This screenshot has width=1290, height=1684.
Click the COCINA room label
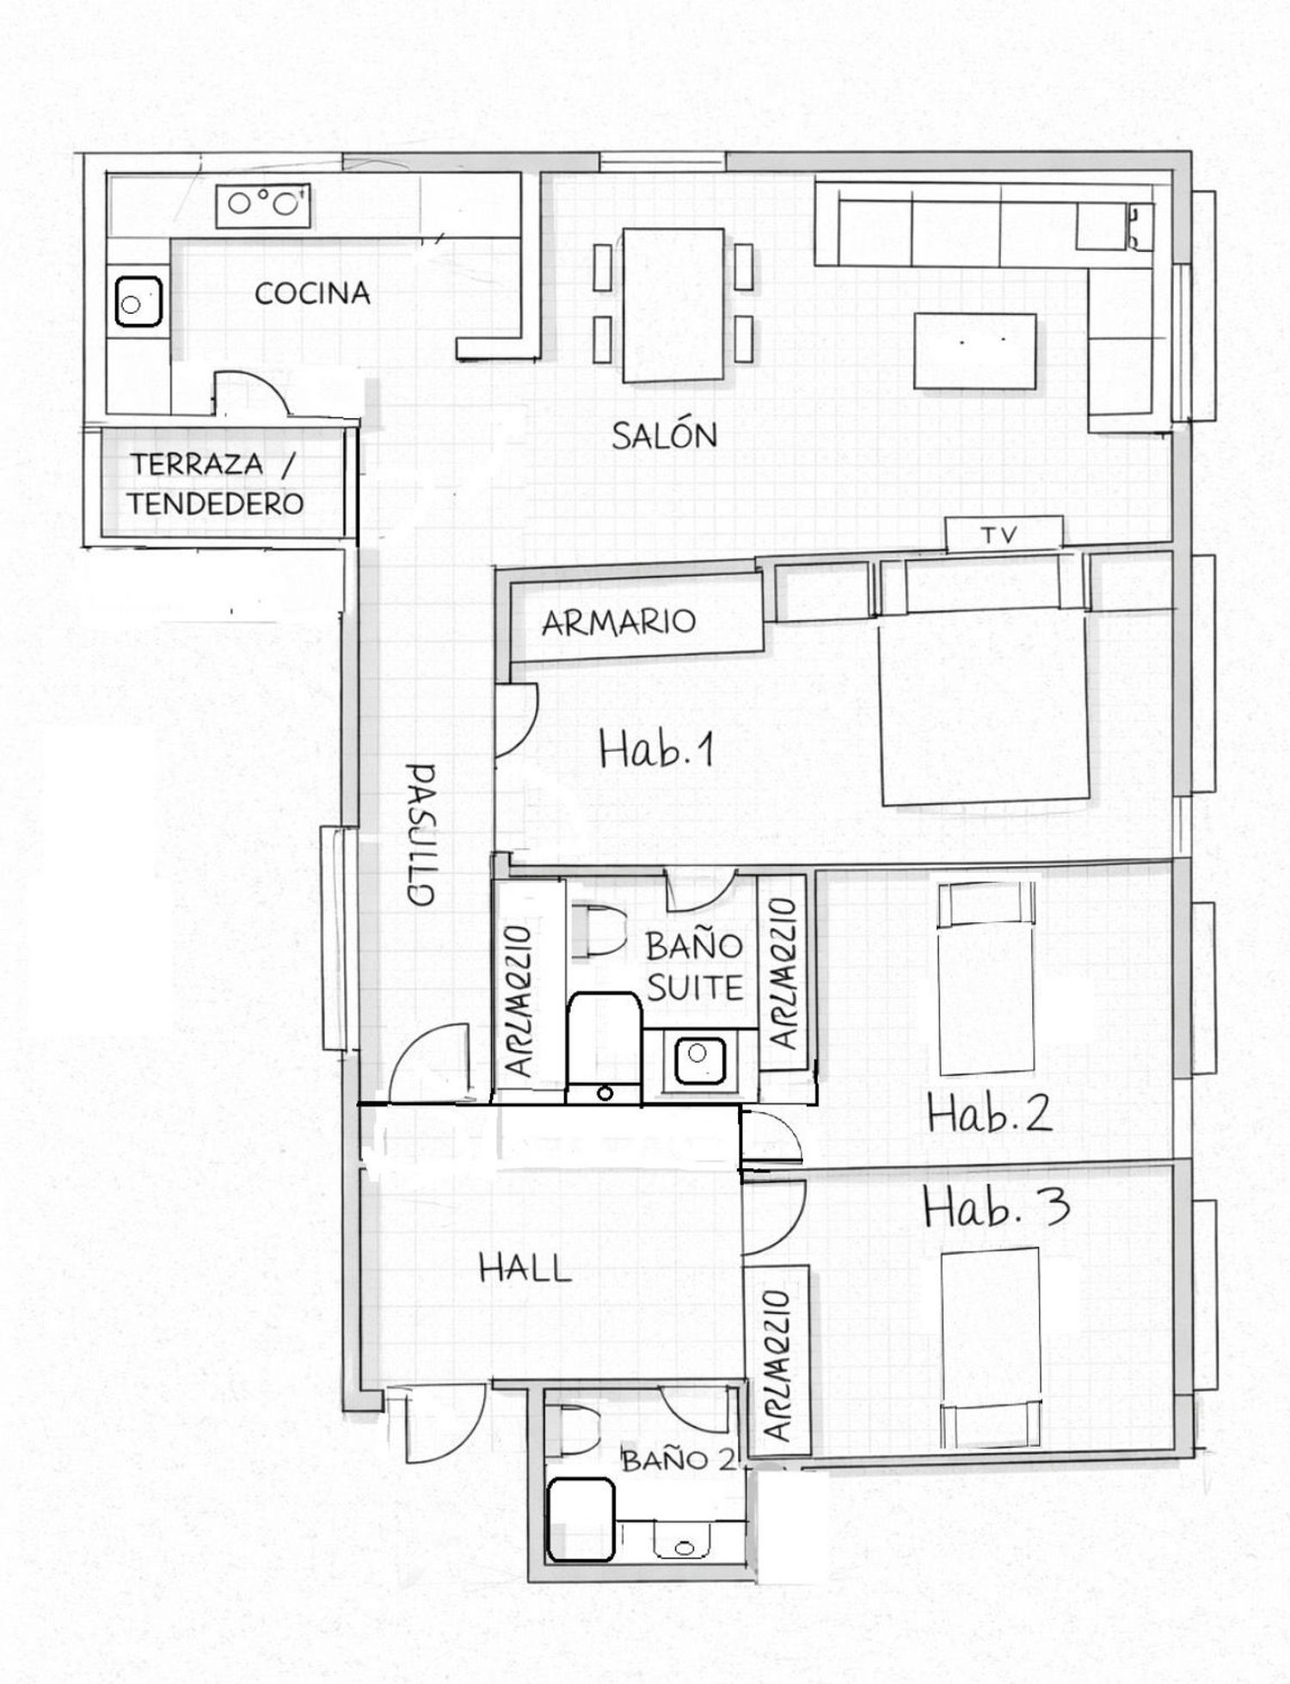pos(313,293)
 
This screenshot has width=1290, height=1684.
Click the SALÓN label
pos(664,435)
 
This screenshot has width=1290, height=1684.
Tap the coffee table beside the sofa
pos(975,352)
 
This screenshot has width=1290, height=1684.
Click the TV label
pos(999,536)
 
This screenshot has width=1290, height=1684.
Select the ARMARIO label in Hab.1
pos(618,621)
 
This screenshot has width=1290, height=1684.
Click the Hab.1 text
pos(657,751)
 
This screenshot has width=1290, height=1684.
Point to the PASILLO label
pos(421,833)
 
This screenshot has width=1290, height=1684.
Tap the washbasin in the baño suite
pos(697,1060)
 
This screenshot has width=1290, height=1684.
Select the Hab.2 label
pos(989,1115)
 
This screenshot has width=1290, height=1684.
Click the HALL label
pos(525,1269)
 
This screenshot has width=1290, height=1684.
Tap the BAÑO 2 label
pos(679,1460)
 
